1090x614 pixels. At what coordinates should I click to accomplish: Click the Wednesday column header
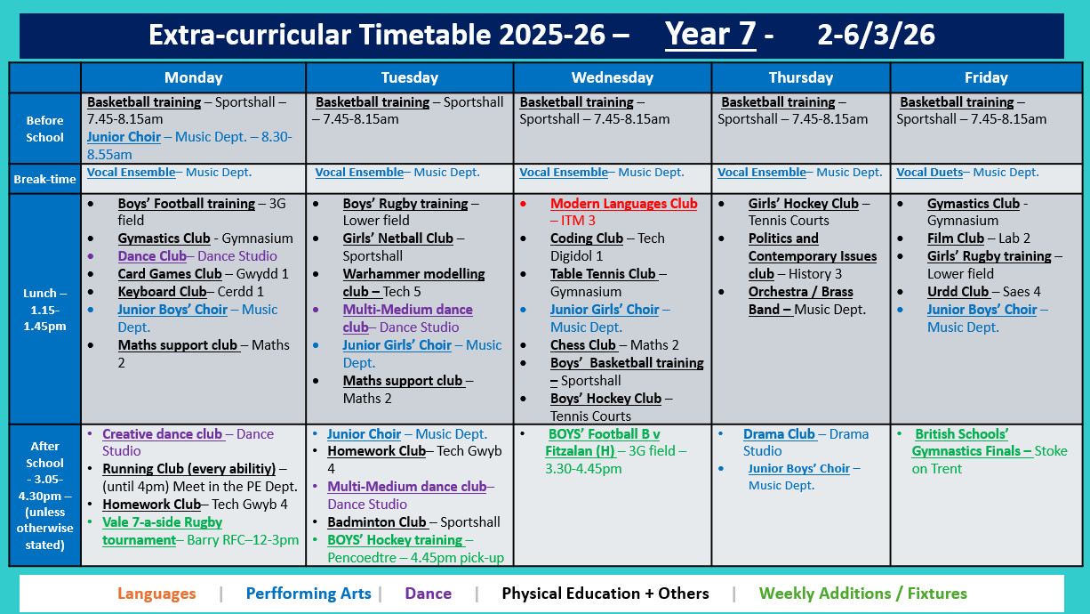612,77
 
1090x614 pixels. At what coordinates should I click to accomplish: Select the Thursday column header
800,77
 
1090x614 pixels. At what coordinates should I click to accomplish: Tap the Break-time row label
44,179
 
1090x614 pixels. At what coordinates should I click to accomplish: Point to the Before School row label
44,128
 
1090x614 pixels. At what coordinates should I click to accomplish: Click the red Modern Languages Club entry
623,204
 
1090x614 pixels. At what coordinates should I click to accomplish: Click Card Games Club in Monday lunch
170,274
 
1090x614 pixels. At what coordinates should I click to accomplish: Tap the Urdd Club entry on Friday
958,292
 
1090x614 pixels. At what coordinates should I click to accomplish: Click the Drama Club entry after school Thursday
779,434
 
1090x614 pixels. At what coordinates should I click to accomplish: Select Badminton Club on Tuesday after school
377,522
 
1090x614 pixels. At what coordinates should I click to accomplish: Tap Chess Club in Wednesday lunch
583,345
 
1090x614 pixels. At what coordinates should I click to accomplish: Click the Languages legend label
156,594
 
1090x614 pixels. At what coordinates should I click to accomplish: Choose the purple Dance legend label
428,594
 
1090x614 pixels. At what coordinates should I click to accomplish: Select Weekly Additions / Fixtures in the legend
862,594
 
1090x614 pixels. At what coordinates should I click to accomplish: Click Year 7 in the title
710,35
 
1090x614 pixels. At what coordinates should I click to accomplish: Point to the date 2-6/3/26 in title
876,35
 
